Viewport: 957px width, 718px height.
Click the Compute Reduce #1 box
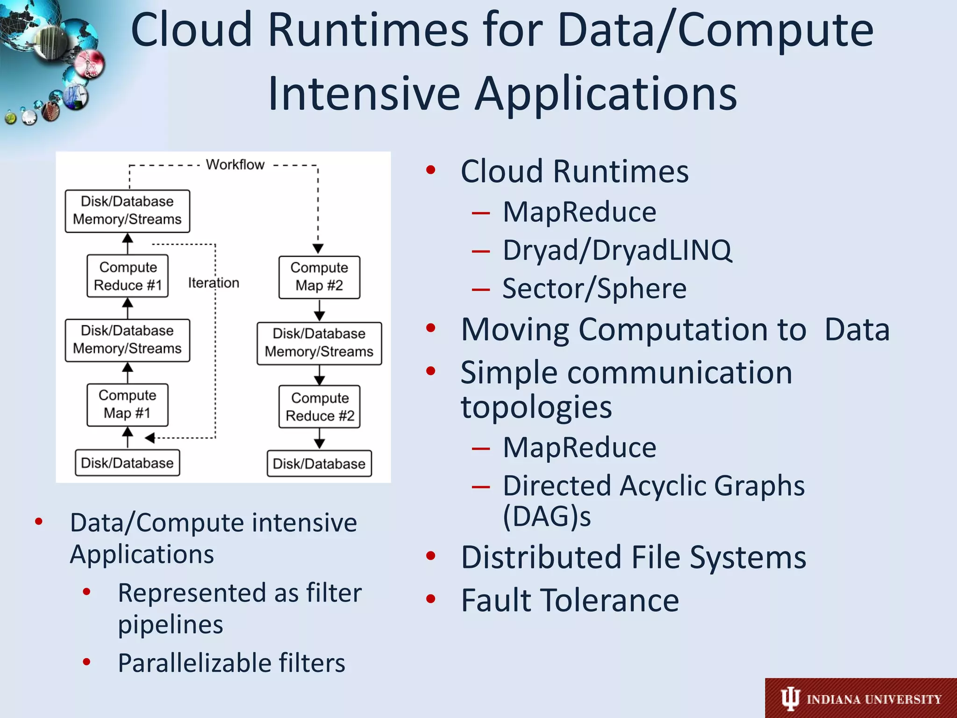[127, 276]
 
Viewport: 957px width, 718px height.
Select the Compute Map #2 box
[319, 277]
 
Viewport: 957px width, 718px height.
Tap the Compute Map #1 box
[127, 405]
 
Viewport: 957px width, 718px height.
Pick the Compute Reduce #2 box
[319, 406]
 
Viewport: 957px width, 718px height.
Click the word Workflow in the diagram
[235, 165]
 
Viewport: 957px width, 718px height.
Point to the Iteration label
[214, 283]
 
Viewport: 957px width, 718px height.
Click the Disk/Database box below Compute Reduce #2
[319, 464]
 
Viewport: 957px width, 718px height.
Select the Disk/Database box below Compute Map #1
[127, 463]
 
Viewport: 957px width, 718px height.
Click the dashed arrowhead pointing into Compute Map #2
[318, 249]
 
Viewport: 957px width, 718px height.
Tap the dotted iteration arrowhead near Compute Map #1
[150, 438]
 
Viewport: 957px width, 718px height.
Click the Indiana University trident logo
[790, 699]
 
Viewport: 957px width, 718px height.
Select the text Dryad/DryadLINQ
[617, 250]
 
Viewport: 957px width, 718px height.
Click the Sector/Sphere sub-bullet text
[594, 288]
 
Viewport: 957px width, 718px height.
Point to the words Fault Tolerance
[570, 600]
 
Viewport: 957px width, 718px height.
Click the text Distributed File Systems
[634, 557]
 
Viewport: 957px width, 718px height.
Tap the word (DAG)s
[547, 517]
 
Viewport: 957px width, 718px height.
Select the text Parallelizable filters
[231, 663]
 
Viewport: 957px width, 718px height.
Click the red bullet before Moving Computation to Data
[431, 328]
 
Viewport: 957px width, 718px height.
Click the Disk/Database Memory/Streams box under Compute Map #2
[319, 343]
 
